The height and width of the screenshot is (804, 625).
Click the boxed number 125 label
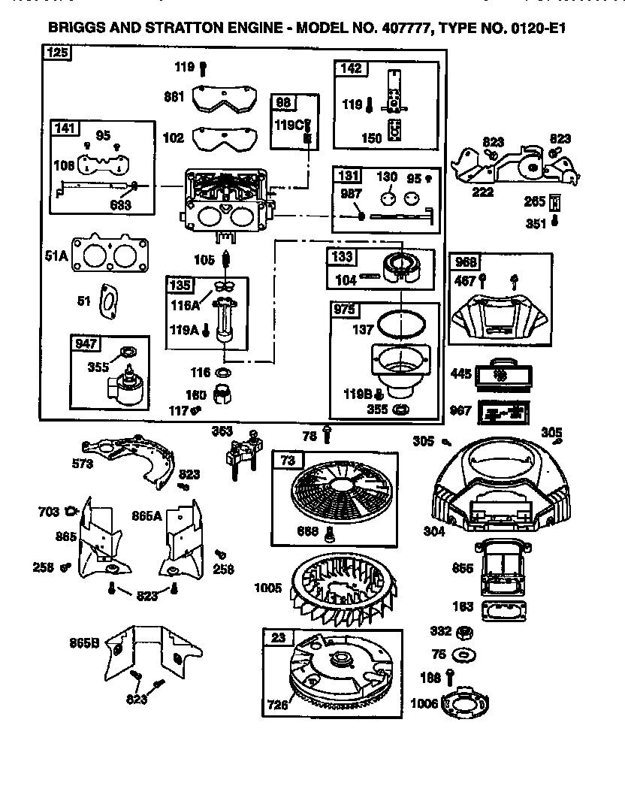(57, 53)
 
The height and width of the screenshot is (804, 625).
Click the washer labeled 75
(463, 654)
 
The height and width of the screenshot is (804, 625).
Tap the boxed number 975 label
(345, 310)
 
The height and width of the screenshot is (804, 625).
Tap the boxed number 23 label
(277, 638)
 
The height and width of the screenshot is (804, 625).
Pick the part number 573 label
(83, 464)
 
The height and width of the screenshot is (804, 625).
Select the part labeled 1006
(466, 702)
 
